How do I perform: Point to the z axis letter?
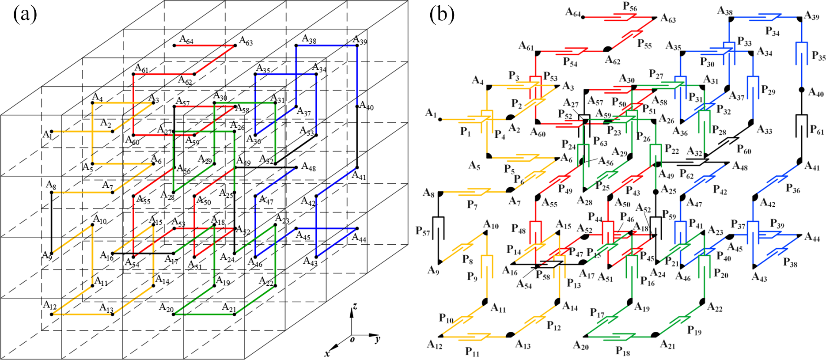pos(355,306)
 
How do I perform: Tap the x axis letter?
pos(328,353)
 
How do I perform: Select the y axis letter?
pos(377,340)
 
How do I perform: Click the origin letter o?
pos(352,339)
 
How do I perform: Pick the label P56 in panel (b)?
pos(630,7)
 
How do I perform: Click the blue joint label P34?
pos(773,31)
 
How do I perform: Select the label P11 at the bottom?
pos(472,352)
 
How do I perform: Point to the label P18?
pos(623,352)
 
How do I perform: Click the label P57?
pos(423,231)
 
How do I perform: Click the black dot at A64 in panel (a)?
pos(174,45)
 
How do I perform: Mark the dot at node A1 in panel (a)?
pos(52,131)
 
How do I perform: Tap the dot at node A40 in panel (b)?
pos(802,90)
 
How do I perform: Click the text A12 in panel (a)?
pos(49,305)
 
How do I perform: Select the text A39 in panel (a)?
pos(360,41)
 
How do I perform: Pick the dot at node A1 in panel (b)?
pos(440,119)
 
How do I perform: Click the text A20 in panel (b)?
pos(581,346)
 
